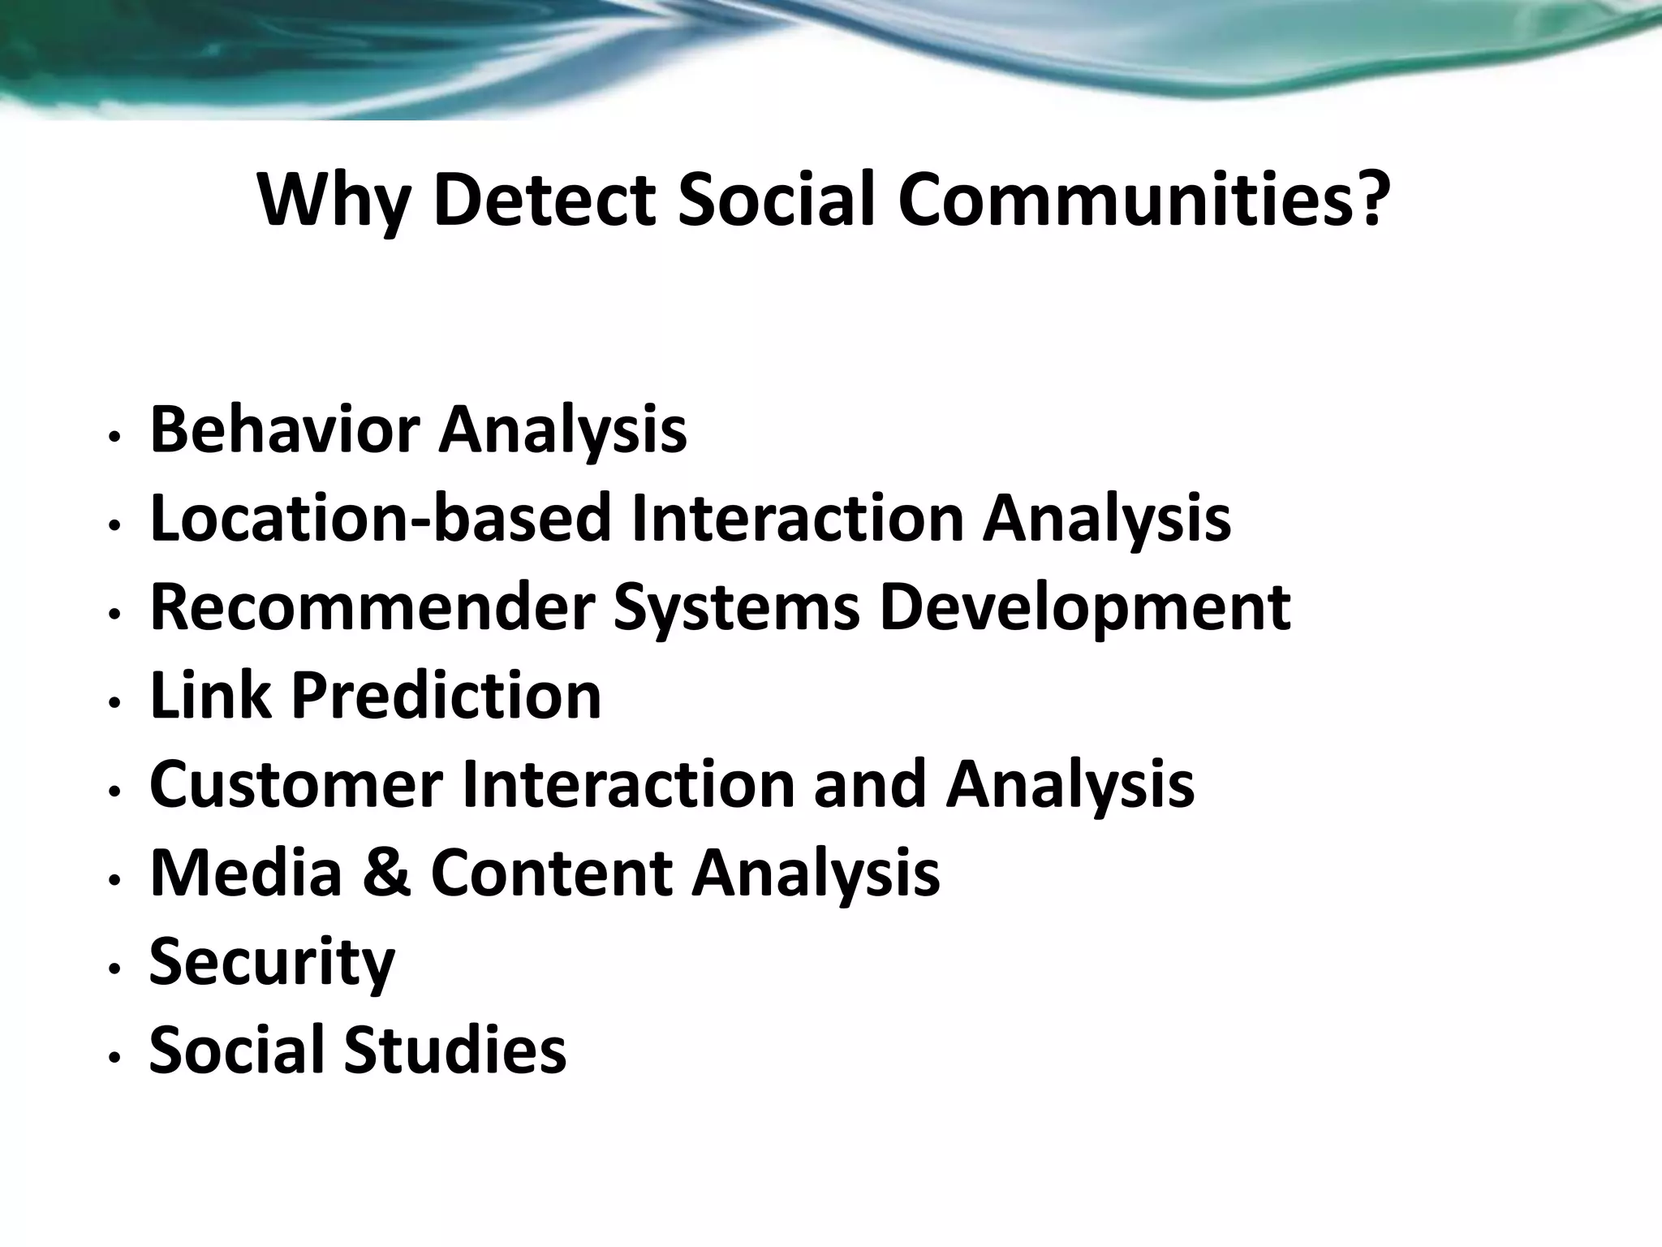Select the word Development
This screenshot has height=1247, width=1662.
pyautogui.click(x=1084, y=609)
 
